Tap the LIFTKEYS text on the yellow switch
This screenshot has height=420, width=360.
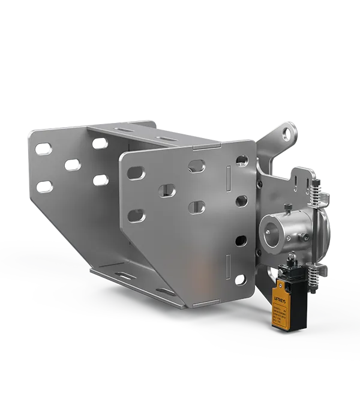coord(287,296)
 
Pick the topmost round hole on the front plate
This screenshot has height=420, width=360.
coord(242,160)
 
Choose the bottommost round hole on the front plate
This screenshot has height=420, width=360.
coord(241,280)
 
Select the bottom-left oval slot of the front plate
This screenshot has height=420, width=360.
coord(136,215)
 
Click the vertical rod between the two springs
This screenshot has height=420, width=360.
coord(313,234)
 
